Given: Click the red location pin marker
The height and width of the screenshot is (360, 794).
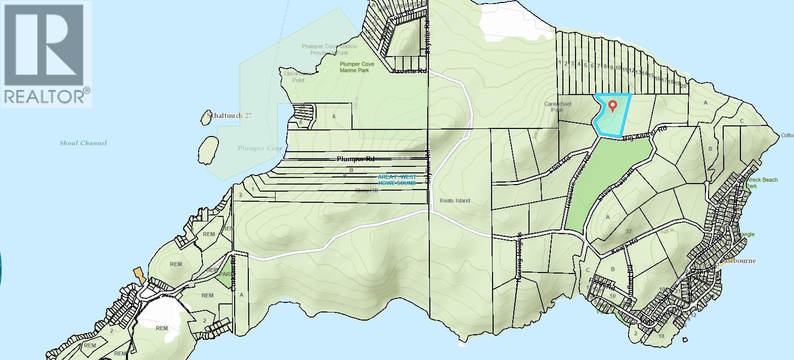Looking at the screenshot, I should (613, 106).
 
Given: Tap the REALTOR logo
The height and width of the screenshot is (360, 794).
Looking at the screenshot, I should (46, 54).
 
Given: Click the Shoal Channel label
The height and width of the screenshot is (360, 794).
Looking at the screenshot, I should (83, 143).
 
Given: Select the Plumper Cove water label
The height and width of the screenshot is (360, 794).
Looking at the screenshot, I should (260, 148).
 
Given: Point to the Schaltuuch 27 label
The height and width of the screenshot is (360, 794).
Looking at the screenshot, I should (227, 116).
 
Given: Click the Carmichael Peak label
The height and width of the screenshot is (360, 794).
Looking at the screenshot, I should (557, 107).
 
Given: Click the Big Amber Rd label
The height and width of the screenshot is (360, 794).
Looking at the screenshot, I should (645, 133).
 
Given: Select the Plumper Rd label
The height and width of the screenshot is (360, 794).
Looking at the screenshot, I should (356, 159).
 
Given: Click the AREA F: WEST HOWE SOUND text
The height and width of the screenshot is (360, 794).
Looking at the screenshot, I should (397, 180).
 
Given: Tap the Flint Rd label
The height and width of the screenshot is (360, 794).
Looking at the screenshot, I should (560, 166).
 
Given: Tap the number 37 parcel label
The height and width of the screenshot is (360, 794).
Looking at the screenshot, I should (629, 232).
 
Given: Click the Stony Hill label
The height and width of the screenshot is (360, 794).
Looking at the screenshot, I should (366, 191).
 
